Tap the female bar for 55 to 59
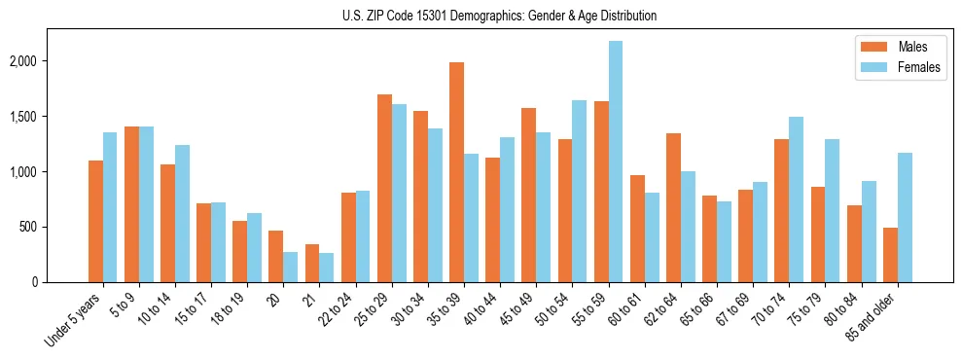(616, 162)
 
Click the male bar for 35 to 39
(456, 172)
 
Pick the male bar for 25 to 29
(384, 188)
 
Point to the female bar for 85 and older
(905, 217)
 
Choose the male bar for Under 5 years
(95, 221)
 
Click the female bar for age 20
(291, 268)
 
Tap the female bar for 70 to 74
(796, 199)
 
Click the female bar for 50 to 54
(580, 191)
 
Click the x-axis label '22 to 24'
(345, 309)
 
